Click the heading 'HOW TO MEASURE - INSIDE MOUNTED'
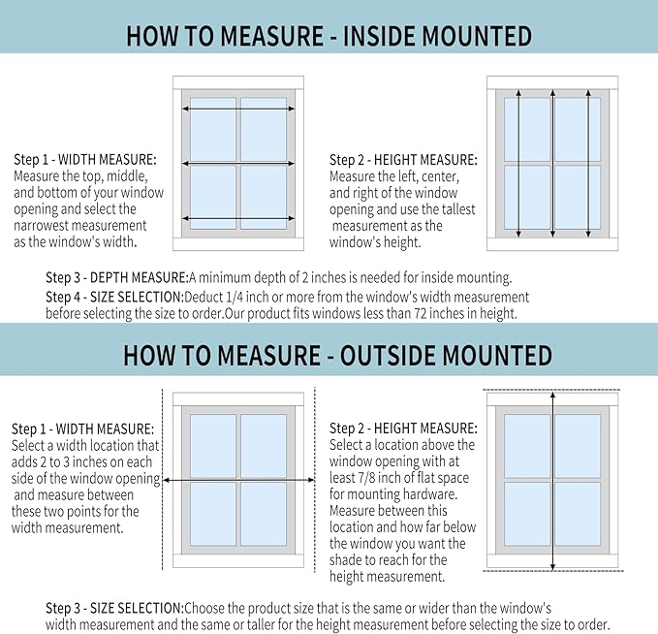(x=329, y=37)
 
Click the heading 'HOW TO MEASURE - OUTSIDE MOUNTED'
(x=329, y=354)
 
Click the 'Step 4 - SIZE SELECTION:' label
(x=119, y=297)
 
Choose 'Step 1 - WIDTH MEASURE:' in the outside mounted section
(x=82, y=428)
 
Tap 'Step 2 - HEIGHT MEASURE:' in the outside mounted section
(x=403, y=428)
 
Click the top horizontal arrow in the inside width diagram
(x=238, y=111)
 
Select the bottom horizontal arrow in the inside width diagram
(x=238, y=218)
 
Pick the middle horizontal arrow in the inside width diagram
(x=238, y=164)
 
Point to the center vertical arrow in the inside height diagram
(x=552, y=164)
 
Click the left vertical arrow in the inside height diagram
(x=518, y=164)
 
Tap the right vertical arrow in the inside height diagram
(x=587, y=164)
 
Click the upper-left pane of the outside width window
(x=213, y=445)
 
